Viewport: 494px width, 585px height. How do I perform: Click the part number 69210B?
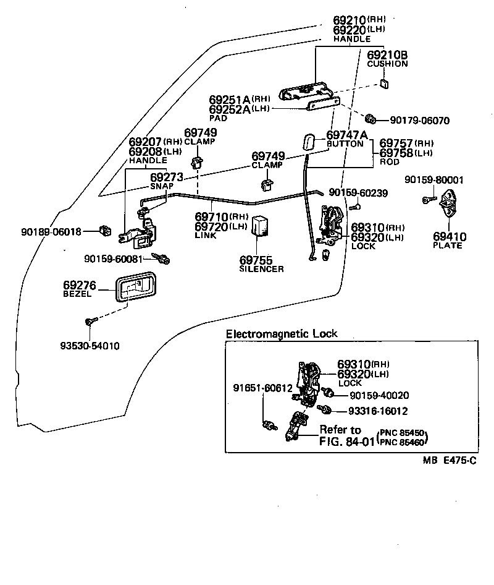coord(387,55)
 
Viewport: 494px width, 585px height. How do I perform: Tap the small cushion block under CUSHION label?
coord(384,83)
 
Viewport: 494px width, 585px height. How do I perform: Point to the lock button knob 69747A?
coord(308,142)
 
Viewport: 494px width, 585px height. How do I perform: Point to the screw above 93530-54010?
coord(90,322)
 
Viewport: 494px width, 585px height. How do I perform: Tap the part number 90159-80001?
coord(434,180)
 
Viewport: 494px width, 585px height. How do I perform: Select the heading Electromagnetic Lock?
coord(282,334)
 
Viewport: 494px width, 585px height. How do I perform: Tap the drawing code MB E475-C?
coord(450,460)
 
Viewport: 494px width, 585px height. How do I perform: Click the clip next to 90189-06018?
coord(105,232)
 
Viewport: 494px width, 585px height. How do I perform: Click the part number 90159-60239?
coord(358,193)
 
